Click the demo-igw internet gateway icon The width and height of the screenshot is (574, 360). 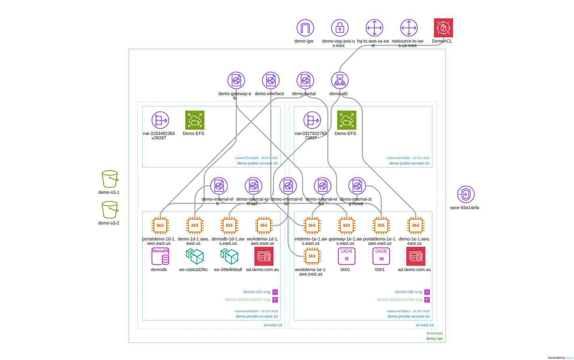(x=305, y=28)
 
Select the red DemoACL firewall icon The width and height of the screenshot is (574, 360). (x=443, y=28)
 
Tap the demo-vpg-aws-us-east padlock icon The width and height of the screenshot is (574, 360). (x=340, y=28)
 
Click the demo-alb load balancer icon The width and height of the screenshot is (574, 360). (x=340, y=80)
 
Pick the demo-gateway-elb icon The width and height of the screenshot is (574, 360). (x=236, y=80)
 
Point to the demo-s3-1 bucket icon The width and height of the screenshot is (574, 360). (x=110, y=179)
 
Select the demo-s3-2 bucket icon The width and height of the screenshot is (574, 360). (x=110, y=209)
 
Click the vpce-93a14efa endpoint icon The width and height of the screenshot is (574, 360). (x=466, y=194)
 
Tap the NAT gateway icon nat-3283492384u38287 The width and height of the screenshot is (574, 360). (x=160, y=120)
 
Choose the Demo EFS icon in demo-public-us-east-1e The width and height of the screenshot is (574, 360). (x=347, y=120)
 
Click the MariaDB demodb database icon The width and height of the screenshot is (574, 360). (x=160, y=256)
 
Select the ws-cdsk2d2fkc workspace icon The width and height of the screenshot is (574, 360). (x=195, y=256)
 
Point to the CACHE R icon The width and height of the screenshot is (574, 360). (x=347, y=256)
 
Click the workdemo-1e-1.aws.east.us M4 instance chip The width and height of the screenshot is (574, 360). (x=312, y=256)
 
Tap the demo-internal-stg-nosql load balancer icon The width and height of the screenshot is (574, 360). (x=357, y=186)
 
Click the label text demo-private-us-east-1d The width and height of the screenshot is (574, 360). (x=257, y=316)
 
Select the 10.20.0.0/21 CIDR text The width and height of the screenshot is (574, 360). (x=434, y=333)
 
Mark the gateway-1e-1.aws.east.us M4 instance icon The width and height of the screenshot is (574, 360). (x=347, y=225)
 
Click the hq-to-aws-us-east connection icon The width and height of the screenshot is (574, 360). (x=374, y=28)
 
